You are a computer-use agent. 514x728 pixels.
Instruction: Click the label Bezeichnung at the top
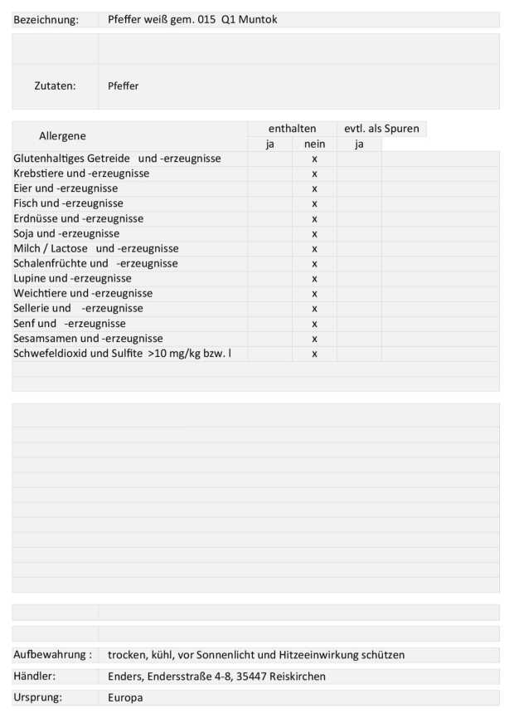click(46, 19)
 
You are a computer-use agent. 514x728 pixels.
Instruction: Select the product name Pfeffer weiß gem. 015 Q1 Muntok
click(192, 19)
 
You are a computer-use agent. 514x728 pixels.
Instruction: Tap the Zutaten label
click(55, 86)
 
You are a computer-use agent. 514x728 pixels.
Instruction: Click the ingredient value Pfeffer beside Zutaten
click(124, 86)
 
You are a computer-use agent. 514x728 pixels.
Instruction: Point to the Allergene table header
click(62, 135)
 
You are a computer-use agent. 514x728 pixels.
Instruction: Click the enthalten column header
click(292, 129)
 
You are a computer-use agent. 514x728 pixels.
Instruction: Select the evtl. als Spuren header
click(381, 129)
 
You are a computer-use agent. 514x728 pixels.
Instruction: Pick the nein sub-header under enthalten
click(314, 144)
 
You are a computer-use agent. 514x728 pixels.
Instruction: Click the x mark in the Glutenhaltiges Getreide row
click(314, 159)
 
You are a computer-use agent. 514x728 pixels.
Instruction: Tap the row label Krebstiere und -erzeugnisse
click(81, 173)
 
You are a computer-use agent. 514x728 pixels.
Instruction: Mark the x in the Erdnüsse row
click(314, 218)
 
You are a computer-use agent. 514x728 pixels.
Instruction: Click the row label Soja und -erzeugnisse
click(66, 233)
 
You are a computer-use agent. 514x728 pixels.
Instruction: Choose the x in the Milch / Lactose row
click(314, 248)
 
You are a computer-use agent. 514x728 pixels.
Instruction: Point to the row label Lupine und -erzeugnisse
click(72, 278)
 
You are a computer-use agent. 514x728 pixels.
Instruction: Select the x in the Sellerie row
click(314, 308)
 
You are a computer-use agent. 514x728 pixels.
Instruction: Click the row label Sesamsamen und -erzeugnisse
click(88, 338)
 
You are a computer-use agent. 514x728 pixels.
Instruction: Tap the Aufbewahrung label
click(52, 654)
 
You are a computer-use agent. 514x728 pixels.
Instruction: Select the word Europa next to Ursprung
click(125, 697)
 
